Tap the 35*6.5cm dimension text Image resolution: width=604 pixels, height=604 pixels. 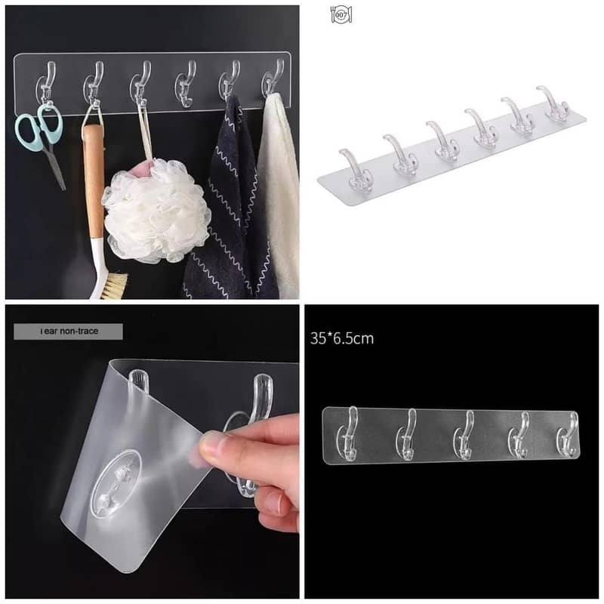pos(341,338)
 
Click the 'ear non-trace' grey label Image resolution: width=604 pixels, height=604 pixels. pos(68,330)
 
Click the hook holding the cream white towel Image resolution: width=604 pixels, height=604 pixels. pos(273,79)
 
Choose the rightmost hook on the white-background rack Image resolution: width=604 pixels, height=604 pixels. pos(556,105)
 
